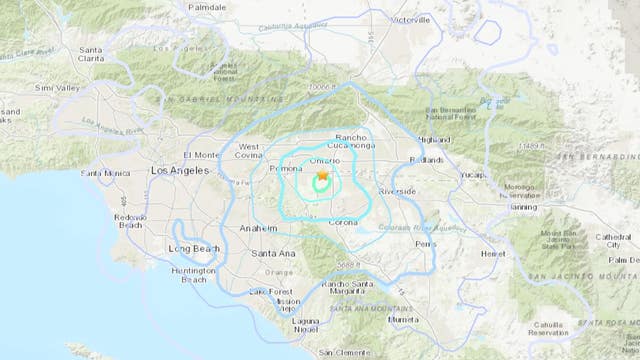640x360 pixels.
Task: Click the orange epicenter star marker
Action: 322,175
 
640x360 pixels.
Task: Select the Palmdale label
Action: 206,5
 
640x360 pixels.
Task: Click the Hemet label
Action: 491,254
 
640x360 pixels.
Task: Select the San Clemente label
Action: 341,353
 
